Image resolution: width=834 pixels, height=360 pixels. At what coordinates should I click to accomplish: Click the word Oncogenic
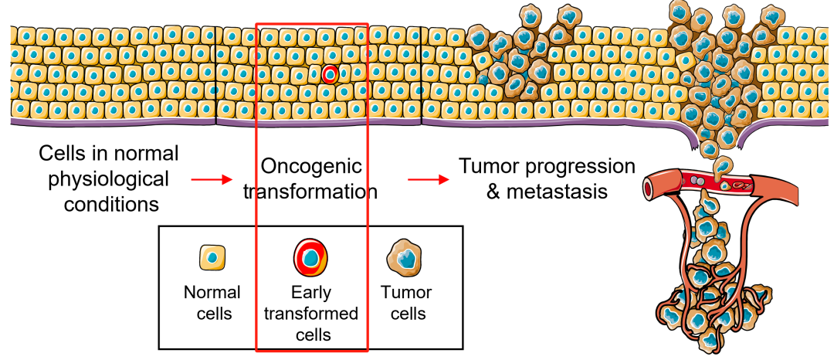tap(311, 166)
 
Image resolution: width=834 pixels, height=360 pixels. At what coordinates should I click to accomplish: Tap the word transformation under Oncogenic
tap(310, 191)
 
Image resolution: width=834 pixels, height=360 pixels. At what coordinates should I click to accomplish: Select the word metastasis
tap(557, 191)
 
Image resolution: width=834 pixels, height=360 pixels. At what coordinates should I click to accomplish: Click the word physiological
tap(109, 178)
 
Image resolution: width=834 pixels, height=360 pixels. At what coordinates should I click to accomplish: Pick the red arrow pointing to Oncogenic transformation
tap(212, 180)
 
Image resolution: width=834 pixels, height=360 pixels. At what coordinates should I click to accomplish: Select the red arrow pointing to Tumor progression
tap(429, 180)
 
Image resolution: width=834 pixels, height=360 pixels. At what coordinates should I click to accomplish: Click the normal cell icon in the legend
tap(212, 258)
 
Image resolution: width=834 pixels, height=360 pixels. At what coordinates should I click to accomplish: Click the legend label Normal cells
tap(212, 303)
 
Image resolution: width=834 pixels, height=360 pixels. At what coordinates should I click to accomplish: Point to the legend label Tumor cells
tap(407, 303)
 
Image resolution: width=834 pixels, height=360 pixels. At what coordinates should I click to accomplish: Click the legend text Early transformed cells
tap(311, 314)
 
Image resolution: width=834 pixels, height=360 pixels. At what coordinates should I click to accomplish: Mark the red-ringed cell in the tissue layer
tap(331, 75)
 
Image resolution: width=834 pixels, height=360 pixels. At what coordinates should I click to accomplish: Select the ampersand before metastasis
tap(493, 192)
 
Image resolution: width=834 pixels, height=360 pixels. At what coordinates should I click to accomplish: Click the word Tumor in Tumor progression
tap(484, 166)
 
